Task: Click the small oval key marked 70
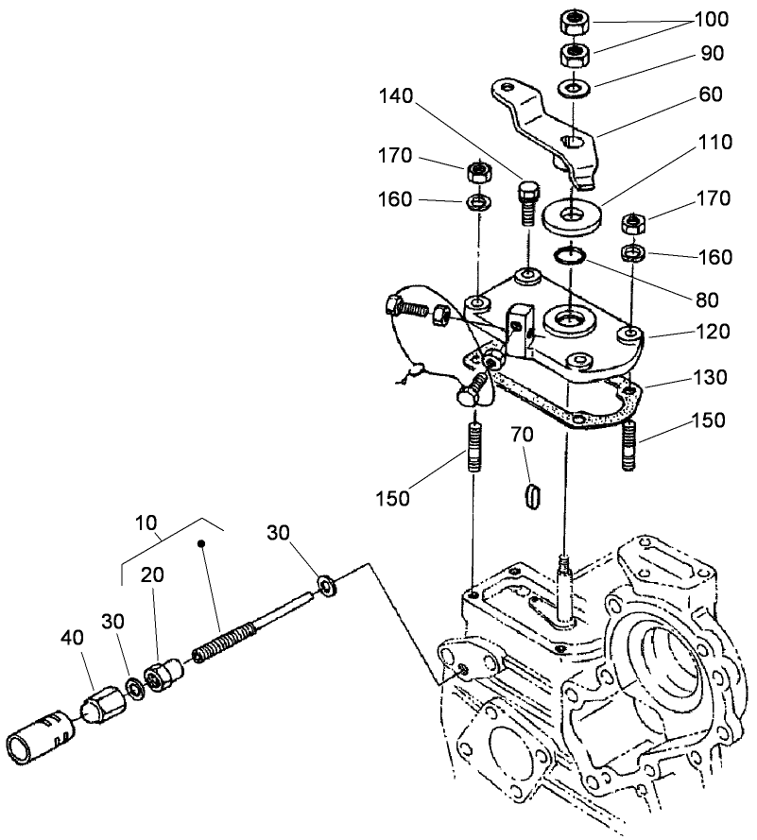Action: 533,494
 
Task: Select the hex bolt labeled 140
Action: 527,202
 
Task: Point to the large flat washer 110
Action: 573,216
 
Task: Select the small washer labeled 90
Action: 573,89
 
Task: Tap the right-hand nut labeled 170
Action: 634,225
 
